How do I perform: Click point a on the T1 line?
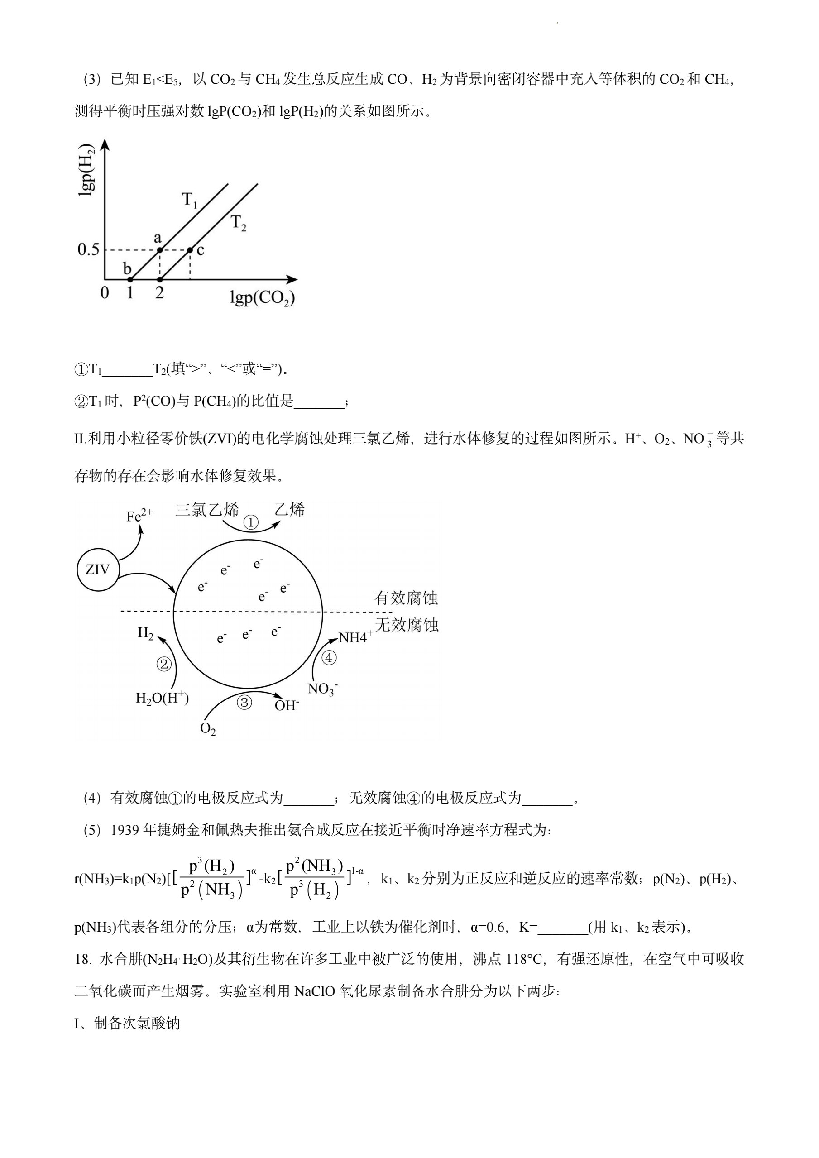pos(159,249)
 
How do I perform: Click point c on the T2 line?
pos(190,249)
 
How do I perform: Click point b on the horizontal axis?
pos(129,279)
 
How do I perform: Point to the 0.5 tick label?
pos(88,249)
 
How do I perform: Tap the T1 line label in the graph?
pos(189,201)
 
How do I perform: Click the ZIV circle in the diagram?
pos(98,570)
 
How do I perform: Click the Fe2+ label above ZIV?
pos(139,516)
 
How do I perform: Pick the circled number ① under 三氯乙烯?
pos(251,522)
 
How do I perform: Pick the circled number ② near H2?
pos(164,665)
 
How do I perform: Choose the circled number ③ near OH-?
pos(244,703)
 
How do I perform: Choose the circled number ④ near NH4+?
pos(329,658)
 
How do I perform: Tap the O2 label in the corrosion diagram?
pos(208,729)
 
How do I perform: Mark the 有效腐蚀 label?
pos(406,598)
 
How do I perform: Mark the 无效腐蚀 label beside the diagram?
pos(407,625)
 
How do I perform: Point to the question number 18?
pos(81,959)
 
